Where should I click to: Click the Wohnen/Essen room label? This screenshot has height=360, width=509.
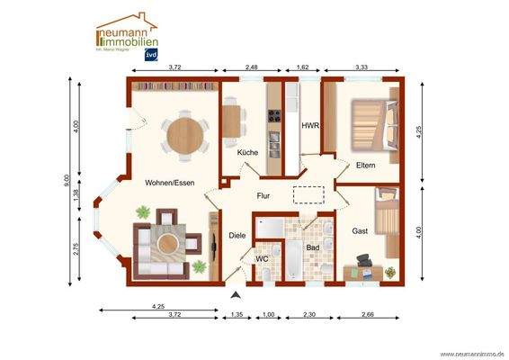(170, 183)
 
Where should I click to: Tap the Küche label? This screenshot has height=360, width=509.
(247, 152)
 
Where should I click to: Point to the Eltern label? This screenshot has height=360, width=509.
(365, 165)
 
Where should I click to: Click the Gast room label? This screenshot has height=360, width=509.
(360, 231)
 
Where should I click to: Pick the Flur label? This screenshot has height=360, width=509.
(263, 195)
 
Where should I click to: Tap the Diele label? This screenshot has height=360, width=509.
(237, 235)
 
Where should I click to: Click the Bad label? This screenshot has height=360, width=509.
(312, 247)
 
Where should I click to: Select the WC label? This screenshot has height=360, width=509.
(263, 259)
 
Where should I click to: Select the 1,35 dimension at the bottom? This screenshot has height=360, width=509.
(237, 314)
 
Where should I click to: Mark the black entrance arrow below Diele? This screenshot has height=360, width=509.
(237, 294)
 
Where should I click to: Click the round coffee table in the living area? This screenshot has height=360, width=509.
(166, 240)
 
